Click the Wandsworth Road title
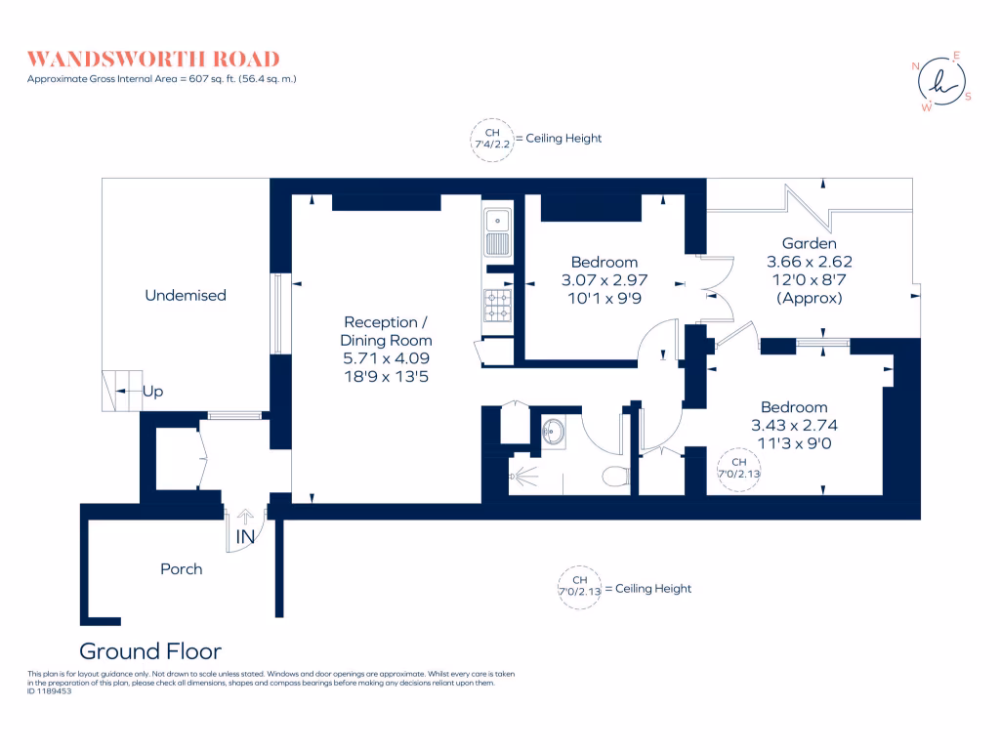[153, 59]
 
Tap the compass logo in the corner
[941, 80]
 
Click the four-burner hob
[497, 306]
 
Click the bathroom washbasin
[554, 431]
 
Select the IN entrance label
[244, 537]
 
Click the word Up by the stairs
[152, 392]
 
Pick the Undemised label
[186, 295]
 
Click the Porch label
[182, 568]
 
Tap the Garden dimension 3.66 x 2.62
[810, 262]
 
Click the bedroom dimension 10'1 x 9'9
[604, 298]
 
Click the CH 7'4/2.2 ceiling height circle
[491, 139]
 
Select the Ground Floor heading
[150, 651]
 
